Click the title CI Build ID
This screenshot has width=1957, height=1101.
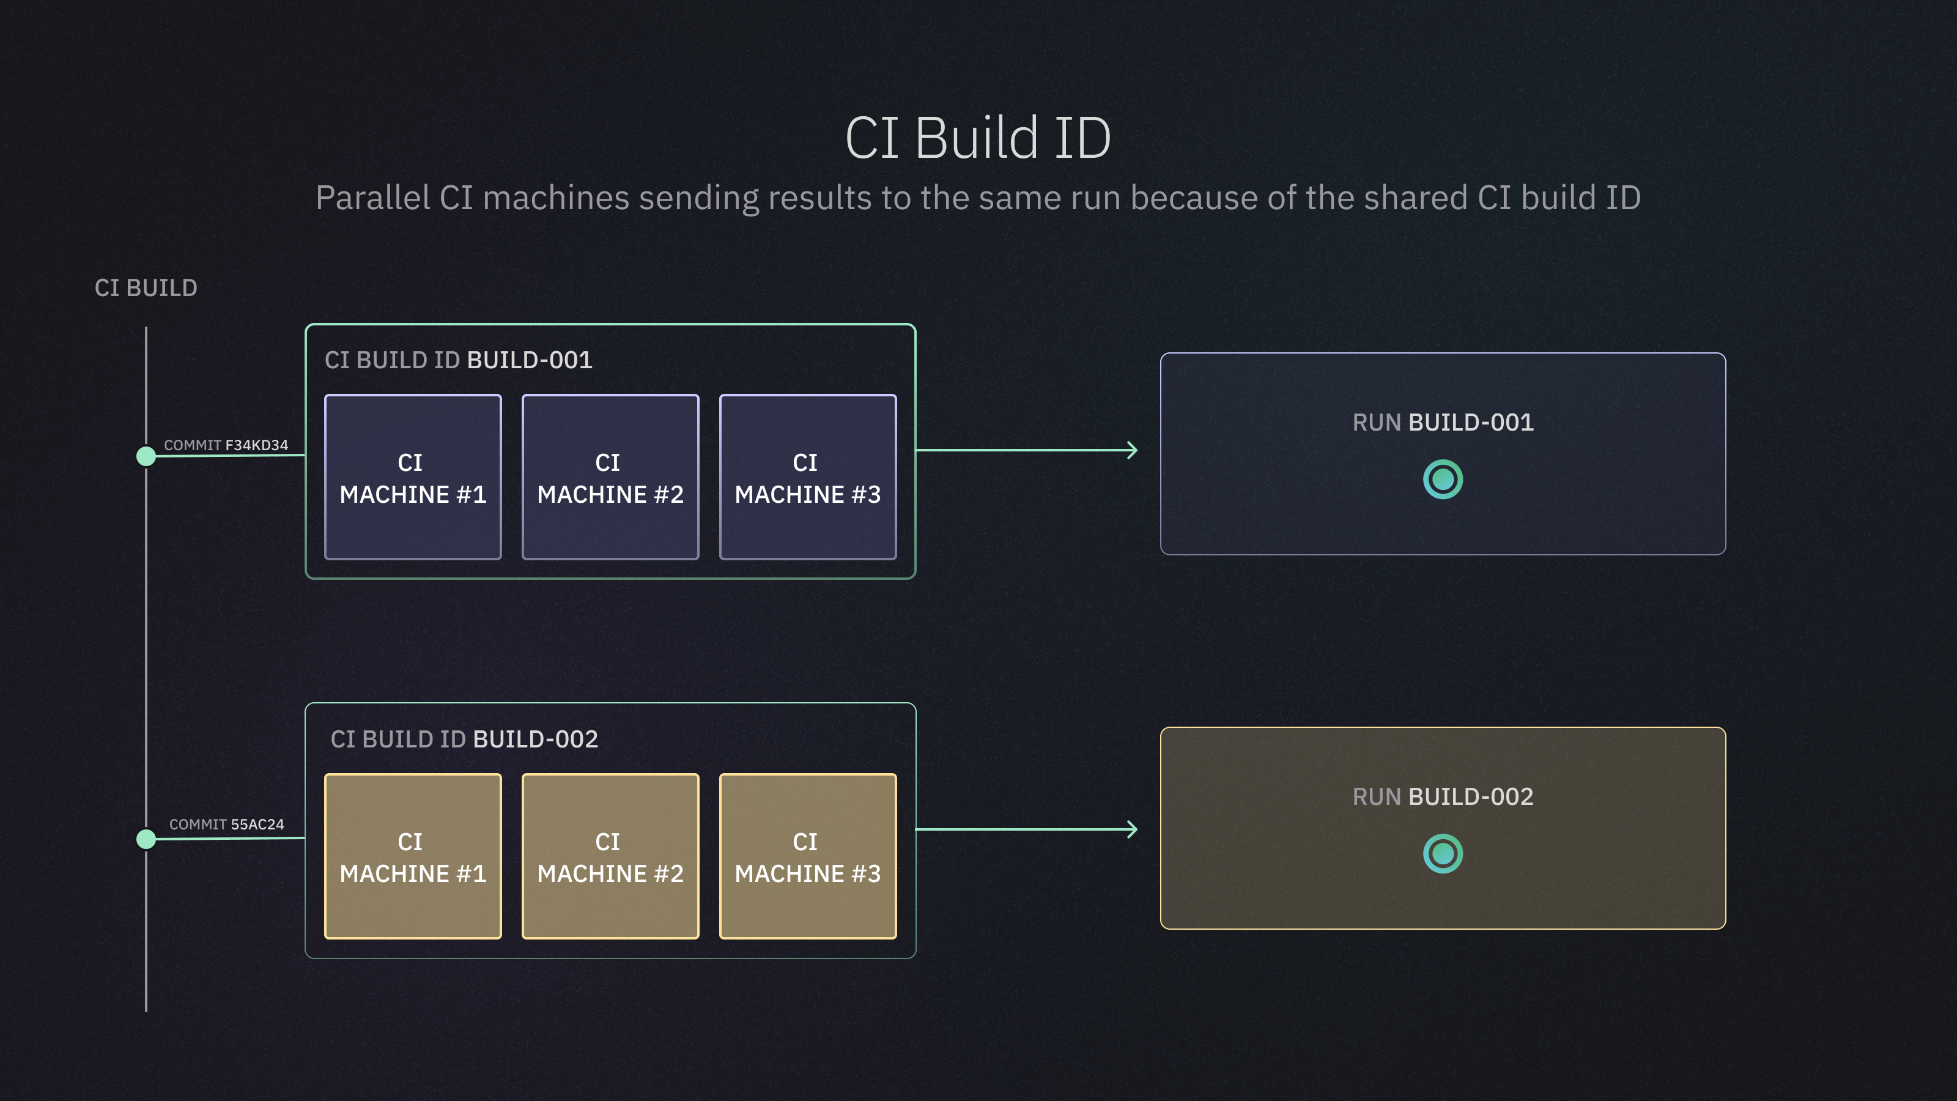click(x=978, y=138)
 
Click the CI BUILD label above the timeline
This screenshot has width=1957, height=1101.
click(x=146, y=288)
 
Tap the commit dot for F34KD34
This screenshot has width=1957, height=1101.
click(x=146, y=456)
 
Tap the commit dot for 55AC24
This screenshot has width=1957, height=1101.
click(x=146, y=839)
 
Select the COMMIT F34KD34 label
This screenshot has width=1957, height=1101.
click(x=226, y=445)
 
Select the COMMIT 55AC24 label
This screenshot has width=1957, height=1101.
click(x=226, y=825)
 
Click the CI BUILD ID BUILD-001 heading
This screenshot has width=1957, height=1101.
click(x=458, y=360)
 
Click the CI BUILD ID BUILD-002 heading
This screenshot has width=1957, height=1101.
click(x=464, y=740)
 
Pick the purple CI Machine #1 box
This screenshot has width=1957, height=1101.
click(x=413, y=477)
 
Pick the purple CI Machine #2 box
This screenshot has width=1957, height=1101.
click(x=610, y=477)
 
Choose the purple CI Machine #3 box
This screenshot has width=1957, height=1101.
click(x=807, y=477)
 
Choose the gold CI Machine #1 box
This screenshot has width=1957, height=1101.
click(x=413, y=856)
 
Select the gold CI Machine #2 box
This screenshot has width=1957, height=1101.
click(x=610, y=856)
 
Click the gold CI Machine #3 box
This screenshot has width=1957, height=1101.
click(x=807, y=856)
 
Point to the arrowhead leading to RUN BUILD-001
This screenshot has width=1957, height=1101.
click(x=1133, y=451)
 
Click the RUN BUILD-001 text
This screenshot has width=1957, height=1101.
click(x=1443, y=423)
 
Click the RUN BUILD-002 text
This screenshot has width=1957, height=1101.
click(x=1443, y=796)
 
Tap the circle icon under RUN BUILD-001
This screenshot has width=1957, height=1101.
click(x=1443, y=480)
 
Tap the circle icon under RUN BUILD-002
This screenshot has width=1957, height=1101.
click(x=1443, y=854)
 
